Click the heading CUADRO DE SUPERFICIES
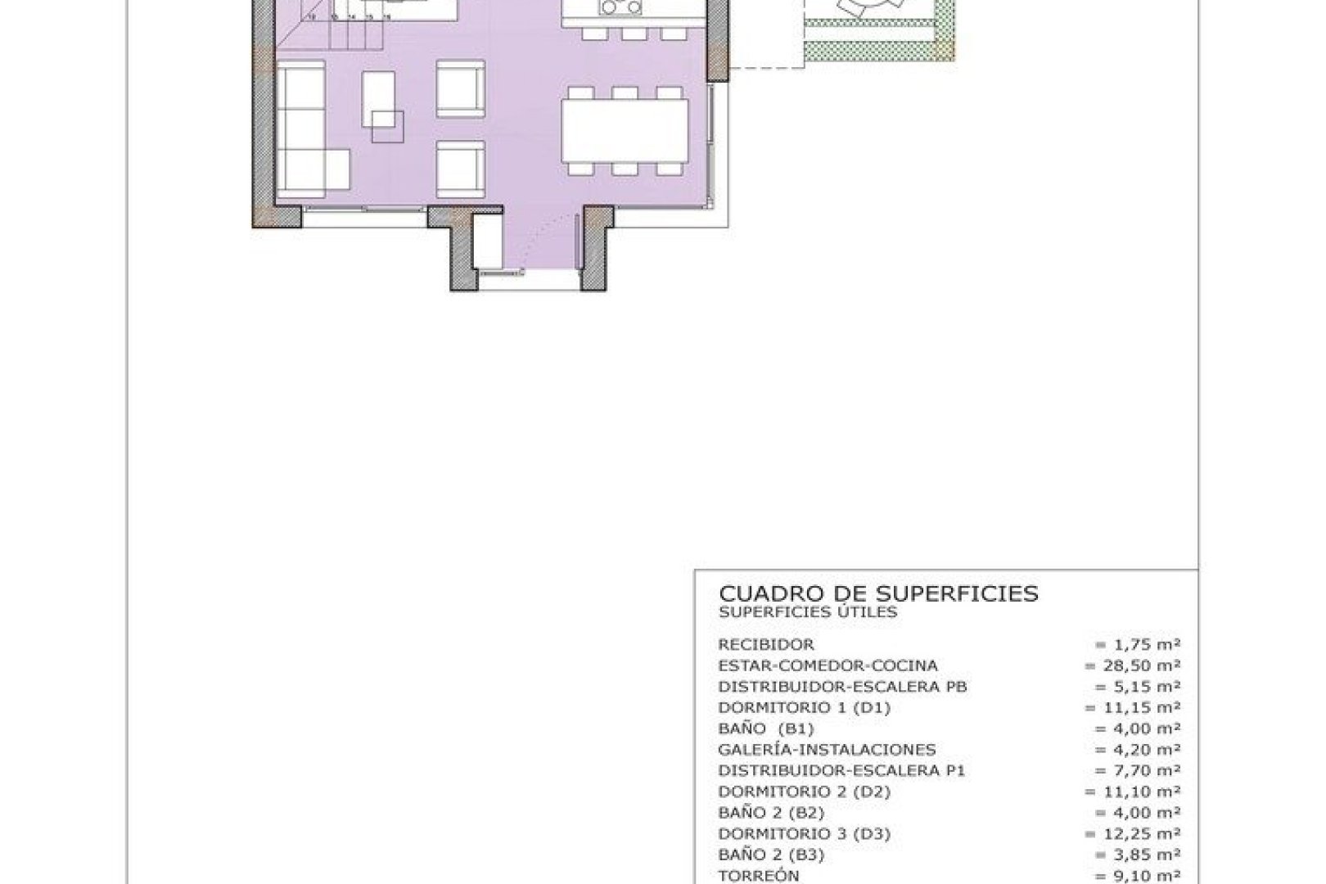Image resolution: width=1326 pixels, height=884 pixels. tap(878, 593)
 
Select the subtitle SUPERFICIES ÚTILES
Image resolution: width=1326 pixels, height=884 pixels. tap(808, 612)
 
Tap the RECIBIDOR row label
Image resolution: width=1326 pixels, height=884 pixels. tap(766, 645)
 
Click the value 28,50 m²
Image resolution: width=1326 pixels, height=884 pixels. tap(1133, 666)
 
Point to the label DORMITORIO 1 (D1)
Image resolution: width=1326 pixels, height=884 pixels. tap(804, 708)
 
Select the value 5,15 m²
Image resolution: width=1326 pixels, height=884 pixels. tap(1137, 687)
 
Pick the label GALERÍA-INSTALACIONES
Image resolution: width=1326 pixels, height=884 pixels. tap(827, 750)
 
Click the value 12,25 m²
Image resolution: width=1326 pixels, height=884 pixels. tap(1133, 834)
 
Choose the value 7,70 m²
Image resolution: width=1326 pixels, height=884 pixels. tap(1137, 771)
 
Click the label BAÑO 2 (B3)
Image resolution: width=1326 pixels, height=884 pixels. tap(771, 855)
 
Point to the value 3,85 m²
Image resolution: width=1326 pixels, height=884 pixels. tap(1137, 855)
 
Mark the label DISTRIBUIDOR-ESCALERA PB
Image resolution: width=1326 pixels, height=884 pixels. tap(842, 687)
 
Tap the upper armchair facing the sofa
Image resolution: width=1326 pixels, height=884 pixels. tap(461, 89)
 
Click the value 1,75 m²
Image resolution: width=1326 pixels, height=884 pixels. tap(1137, 645)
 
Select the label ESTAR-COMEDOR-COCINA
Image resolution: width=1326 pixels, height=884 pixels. tap(828, 666)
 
